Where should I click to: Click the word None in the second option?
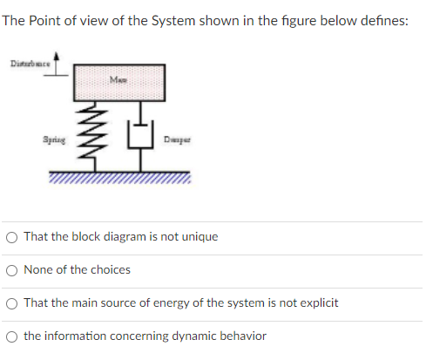tap(38, 270)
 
